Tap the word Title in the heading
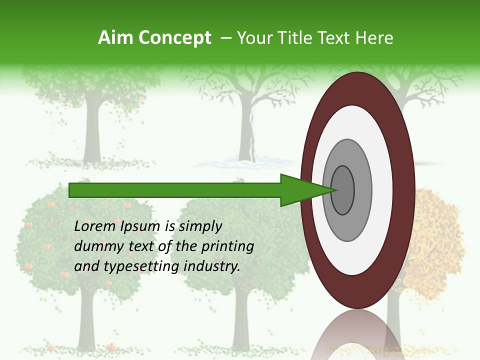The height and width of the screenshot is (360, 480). [295, 38]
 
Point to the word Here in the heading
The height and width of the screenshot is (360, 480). [374, 38]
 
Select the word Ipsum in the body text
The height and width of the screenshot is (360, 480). [141, 226]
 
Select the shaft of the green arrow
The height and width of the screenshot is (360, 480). [175, 190]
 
